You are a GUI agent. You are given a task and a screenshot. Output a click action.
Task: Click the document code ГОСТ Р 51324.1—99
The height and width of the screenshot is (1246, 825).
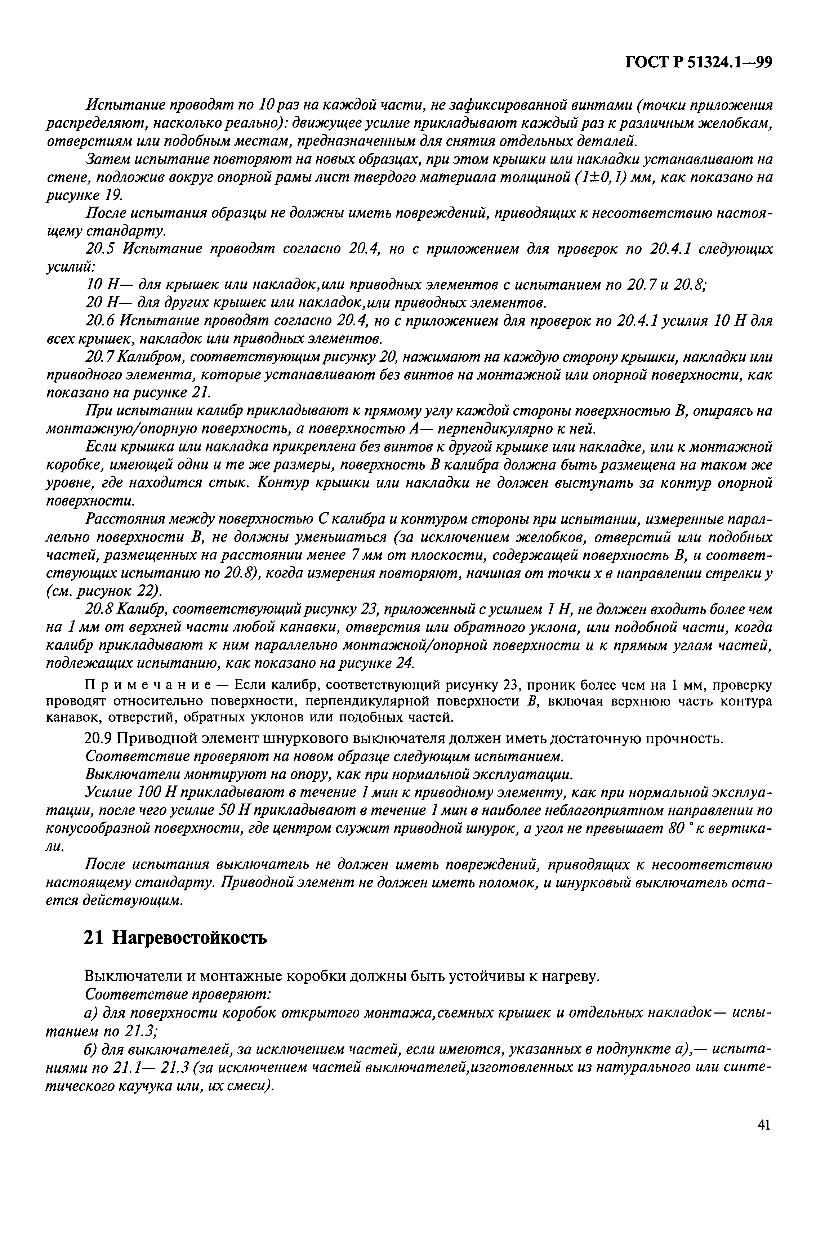coord(698,63)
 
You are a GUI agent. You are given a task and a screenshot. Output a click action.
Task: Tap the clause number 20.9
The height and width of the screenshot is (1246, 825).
coord(98,738)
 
